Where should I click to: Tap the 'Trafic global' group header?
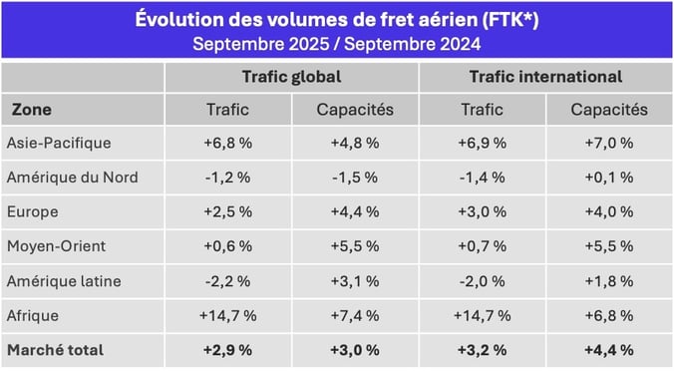291,77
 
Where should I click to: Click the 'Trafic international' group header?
545,77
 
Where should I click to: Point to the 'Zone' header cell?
33,110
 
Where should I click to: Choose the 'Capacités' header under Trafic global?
354,110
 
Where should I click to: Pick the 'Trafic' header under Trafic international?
482,110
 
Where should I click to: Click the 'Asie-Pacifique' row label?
59,143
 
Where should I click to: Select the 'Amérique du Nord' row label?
72,178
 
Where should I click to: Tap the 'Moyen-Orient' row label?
57,246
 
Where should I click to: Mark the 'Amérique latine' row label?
65,281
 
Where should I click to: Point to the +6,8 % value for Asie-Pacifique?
227,143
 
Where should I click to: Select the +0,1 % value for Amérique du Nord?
609,178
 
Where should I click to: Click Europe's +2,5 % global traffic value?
227,212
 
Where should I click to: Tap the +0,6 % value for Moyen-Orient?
227,246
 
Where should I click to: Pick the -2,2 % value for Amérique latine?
227,281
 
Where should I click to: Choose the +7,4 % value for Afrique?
354,315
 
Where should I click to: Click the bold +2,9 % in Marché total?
227,350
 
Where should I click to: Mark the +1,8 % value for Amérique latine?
609,281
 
